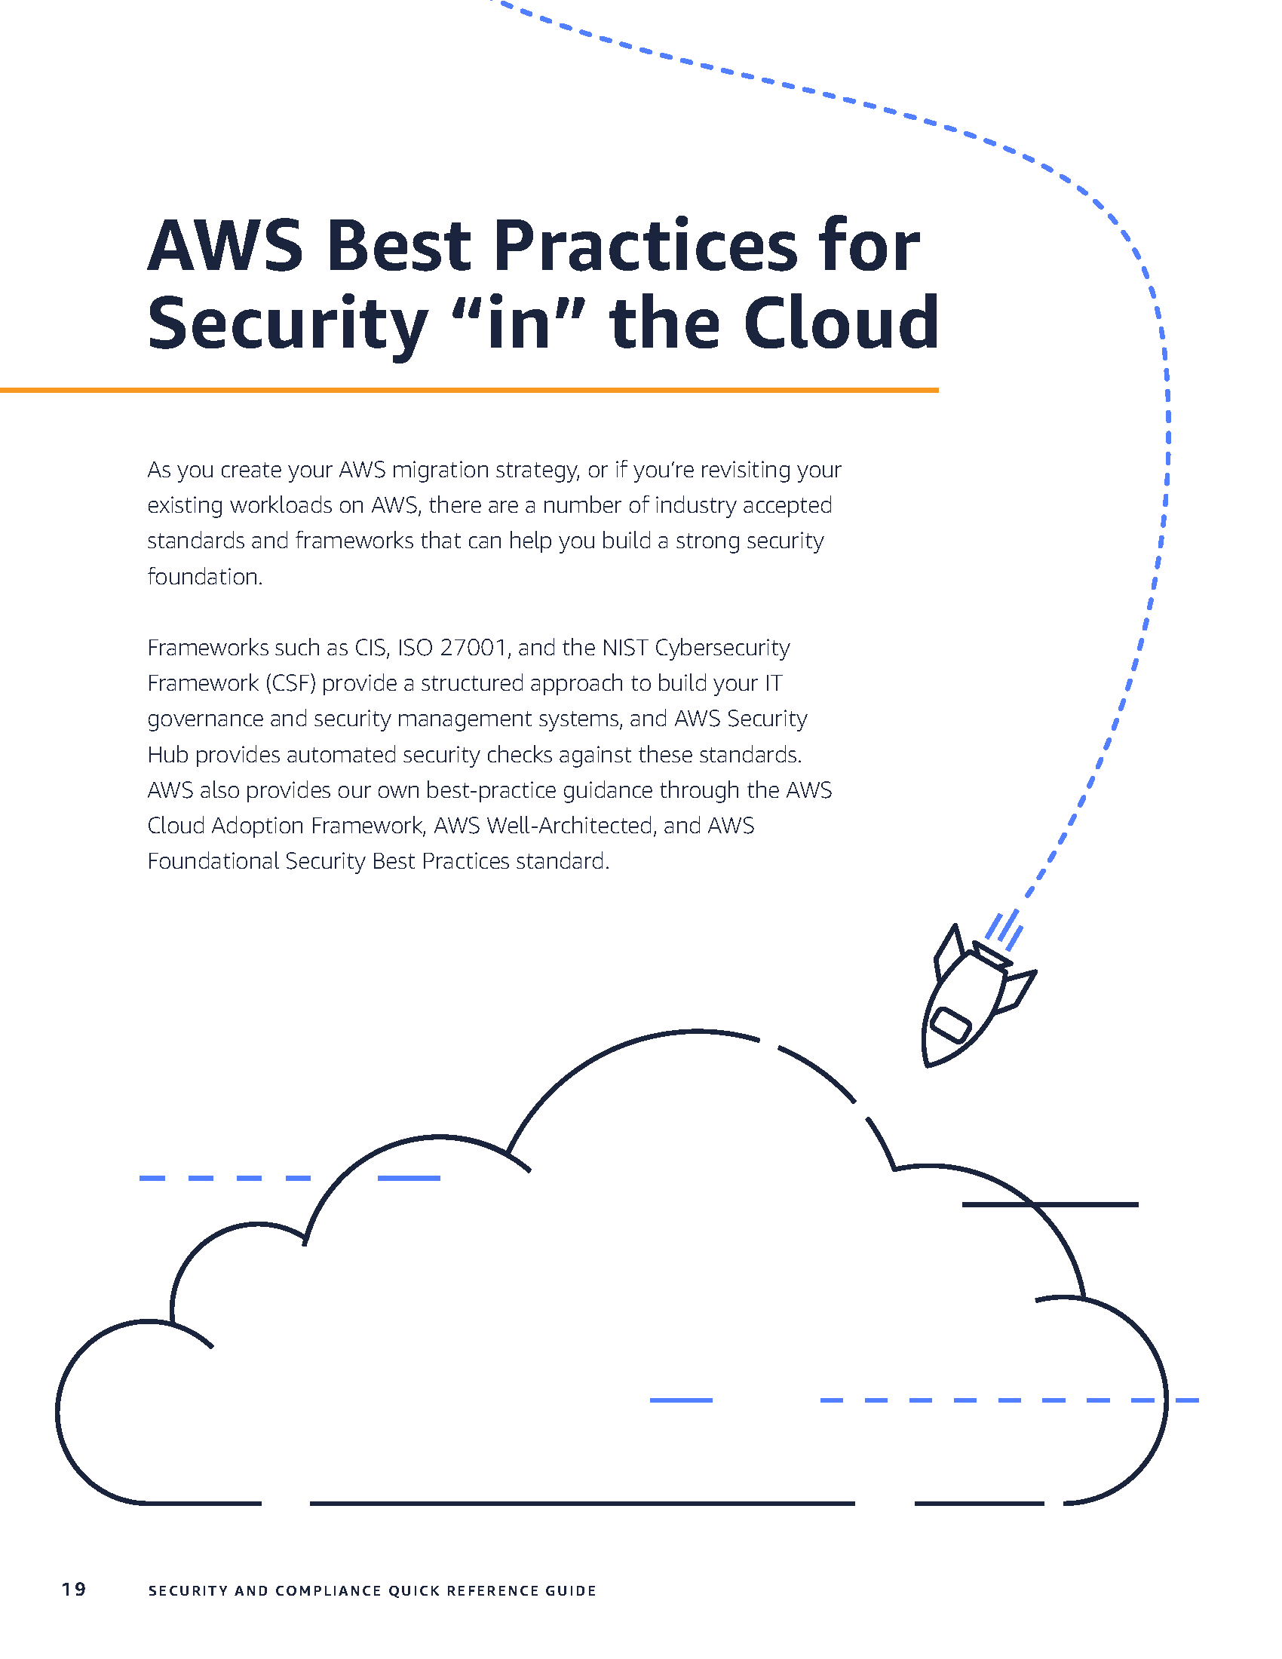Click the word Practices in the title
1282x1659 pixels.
[x=645, y=247]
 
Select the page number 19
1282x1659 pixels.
[x=74, y=1589]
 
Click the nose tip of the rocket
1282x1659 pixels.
[x=928, y=1064]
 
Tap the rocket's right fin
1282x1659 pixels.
[x=1019, y=990]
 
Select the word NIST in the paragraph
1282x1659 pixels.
[x=624, y=648]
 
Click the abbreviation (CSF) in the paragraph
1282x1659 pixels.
[x=290, y=684]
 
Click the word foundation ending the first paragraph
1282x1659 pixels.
[x=204, y=578]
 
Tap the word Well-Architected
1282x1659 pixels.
[x=569, y=826]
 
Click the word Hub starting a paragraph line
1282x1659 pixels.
[x=168, y=755]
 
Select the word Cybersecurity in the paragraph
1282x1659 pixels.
[x=722, y=649]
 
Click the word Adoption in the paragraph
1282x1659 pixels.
[x=258, y=826]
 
